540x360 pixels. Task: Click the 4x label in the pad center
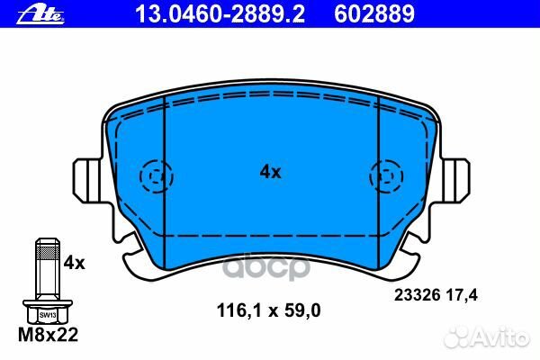tap(270, 171)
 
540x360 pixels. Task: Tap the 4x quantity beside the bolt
tap(74, 263)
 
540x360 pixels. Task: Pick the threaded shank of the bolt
tap(45, 270)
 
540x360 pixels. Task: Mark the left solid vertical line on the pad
tap(164, 171)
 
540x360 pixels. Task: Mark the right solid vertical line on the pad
tap(376, 171)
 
